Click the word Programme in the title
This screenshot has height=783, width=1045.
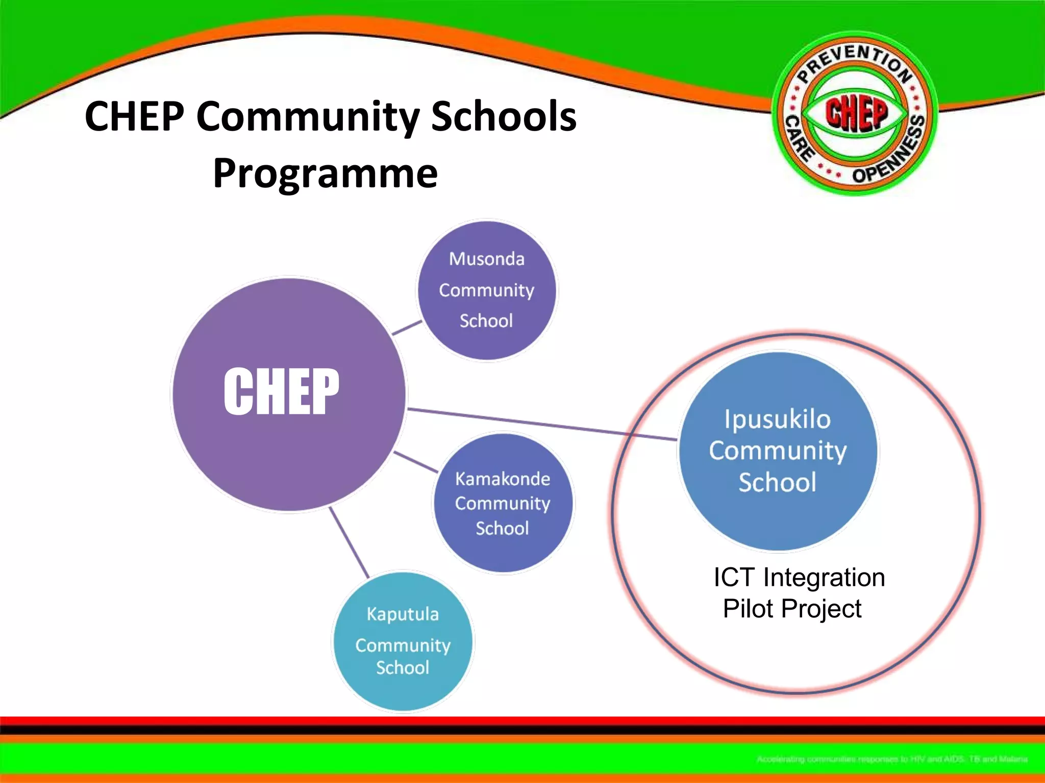click(325, 173)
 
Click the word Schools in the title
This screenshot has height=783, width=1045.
click(504, 116)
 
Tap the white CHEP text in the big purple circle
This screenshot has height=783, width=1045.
click(281, 391)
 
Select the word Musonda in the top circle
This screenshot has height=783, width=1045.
click(486, 259)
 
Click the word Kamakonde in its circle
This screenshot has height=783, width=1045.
click(503, 479)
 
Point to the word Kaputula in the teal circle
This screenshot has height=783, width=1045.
click(403, 614)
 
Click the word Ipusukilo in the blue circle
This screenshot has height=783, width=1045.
click(778, 419)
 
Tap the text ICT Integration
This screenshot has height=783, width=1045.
click(799, 578)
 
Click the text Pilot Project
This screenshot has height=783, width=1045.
click(792, 609)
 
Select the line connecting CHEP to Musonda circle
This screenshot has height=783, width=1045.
click(407, 328)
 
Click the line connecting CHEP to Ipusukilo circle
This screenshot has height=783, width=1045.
click(541, 424)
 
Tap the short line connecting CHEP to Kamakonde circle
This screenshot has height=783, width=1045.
click(416, 461)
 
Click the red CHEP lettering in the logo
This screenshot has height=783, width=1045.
click(856, 113)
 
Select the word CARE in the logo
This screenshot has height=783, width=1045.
click(799, 139)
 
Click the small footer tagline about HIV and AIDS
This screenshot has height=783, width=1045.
click(891, 759)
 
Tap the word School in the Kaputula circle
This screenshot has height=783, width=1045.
click(403, 667)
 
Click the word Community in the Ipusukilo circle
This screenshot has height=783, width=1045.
click(778, 451)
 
